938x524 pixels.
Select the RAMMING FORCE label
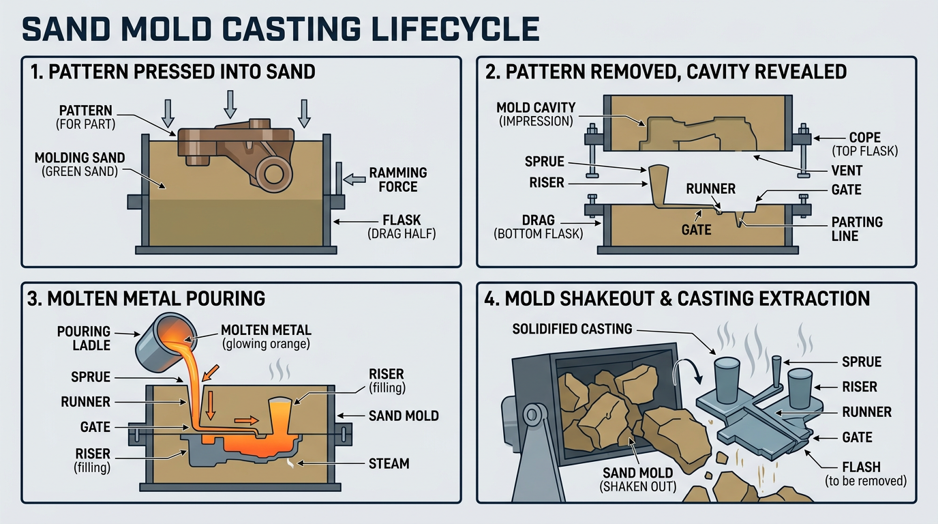coord(397,179)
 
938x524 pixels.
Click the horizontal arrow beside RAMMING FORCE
coord(356,179)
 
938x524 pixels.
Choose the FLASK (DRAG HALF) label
coord(397,227)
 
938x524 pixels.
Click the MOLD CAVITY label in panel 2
coord(536,114)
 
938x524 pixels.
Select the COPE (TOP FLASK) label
coord(864,144)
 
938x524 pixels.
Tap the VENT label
coord(846,171)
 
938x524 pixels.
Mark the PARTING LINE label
coord(857,229)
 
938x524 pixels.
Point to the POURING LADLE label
coord(84,338)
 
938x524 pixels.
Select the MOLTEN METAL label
coord(265,337)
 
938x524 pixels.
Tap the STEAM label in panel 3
coord(388,464)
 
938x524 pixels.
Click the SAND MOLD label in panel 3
coord(404,416)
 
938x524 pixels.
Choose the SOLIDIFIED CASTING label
coord(572,329)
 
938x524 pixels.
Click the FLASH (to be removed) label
coord(864,474)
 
